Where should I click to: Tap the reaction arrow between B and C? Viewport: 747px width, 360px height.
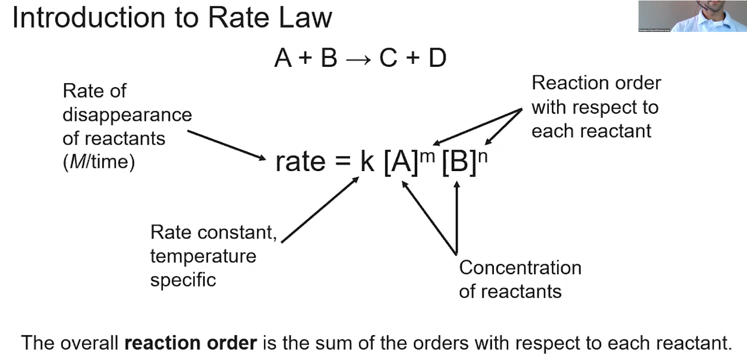tap(358, 59)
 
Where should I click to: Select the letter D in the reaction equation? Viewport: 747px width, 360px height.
tap(437, 58)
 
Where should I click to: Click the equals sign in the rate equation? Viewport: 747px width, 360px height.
tap(342, 162)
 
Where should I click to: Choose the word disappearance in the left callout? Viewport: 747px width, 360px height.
tap(127, 115)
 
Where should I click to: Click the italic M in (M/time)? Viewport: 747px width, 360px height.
tap(73, 163)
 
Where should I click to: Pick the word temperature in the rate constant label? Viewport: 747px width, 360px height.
tap(203, 256)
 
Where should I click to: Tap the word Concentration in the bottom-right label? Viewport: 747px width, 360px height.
tap(520, 268)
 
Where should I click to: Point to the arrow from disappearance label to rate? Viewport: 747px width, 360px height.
tap(227, 145)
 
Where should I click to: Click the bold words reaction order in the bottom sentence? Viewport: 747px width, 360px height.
tap(190, 343)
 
